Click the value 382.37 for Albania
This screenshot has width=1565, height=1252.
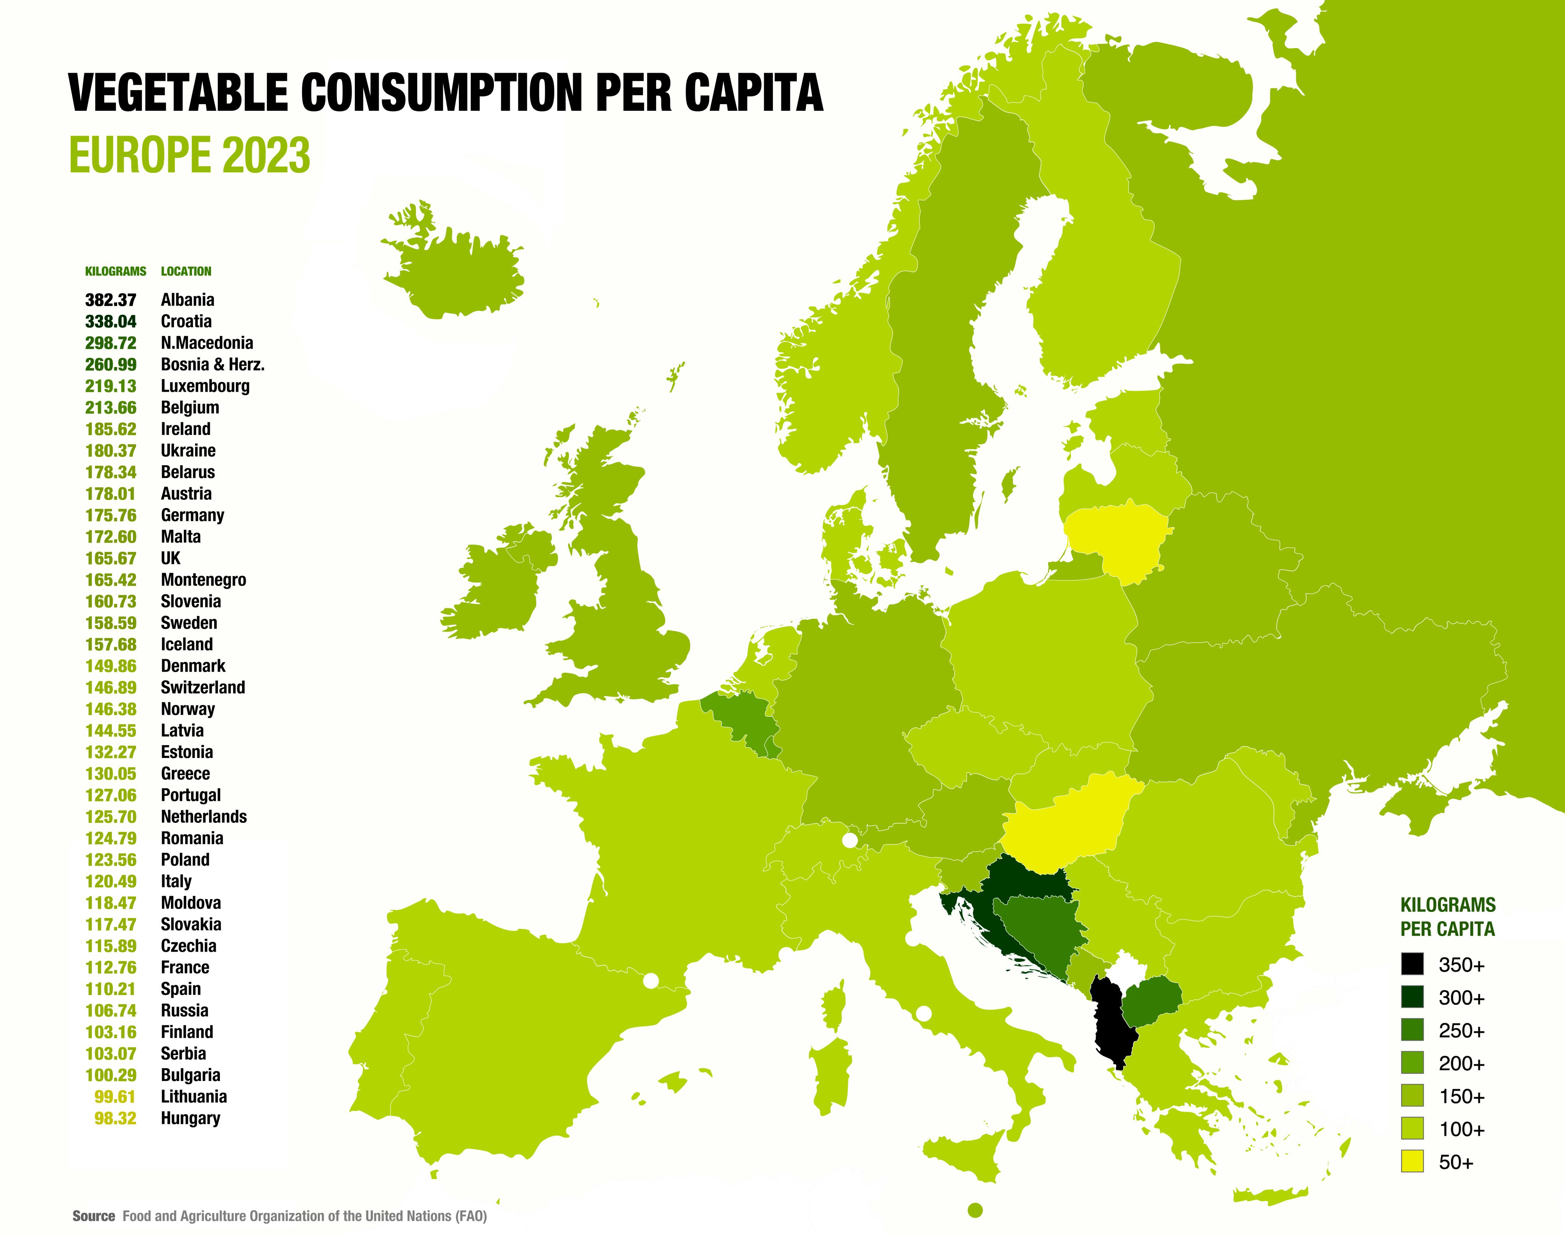point(110,300)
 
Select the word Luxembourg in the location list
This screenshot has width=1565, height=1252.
point(205,386)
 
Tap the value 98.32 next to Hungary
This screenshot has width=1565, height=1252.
point(115,1118)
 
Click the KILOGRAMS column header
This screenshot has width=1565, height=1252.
point(115,272)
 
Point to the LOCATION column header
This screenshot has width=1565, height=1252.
point(186,272)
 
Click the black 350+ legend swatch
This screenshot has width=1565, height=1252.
point(1412,964)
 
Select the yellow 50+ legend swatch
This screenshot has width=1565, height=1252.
point(1412,1161)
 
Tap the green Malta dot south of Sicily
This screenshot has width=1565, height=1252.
point(976,1210)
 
